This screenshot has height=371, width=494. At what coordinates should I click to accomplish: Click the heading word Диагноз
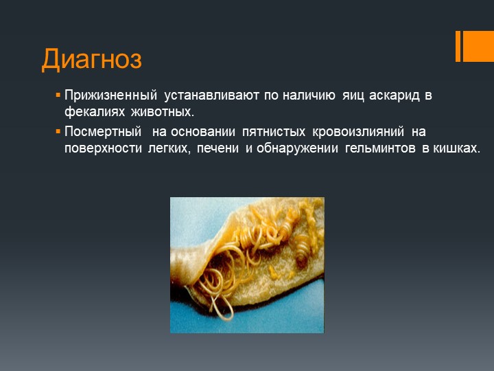click(x=92, y=59)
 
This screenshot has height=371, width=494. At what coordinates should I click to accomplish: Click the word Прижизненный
click(x=110, y=95)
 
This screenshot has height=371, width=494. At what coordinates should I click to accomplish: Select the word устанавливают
click(x=211, y=95)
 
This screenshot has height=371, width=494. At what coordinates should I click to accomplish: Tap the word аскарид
click(x=394, y=95)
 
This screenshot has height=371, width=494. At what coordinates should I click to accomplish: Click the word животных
click(x=163, y=112)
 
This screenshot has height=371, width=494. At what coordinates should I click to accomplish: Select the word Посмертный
click(x=103, y=131)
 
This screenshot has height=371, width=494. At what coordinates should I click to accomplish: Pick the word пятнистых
click(x=274, y=131)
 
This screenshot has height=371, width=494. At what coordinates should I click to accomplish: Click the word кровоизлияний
click(x=358, y=131)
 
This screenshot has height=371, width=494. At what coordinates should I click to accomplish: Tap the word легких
click(x=169, y=148)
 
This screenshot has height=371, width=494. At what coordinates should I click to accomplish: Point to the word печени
click(x=217, y=148)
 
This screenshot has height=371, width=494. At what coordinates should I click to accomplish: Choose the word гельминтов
click(x=380, y=148)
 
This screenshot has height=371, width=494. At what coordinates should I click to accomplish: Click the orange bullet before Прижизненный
click(x=58, y=95)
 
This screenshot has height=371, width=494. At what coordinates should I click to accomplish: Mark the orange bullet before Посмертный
click(x=58, y=131)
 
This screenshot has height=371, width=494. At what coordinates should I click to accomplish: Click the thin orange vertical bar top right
click(x=458, y=46)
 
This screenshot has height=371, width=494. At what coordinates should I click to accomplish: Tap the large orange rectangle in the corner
click(x=478, y=46)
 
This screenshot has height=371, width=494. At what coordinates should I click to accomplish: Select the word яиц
click(x=353, y=95)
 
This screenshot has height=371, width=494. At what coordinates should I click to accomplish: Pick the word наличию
click(x=309, y=95)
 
